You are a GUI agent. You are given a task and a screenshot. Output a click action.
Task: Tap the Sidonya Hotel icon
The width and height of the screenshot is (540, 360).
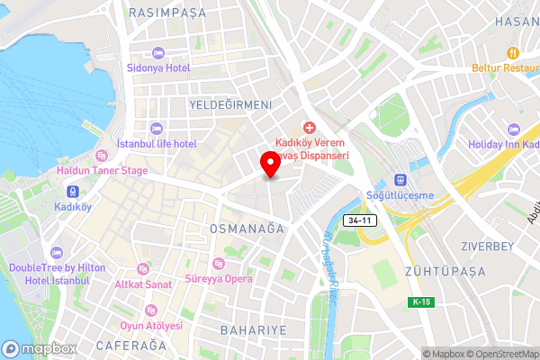(157, 53)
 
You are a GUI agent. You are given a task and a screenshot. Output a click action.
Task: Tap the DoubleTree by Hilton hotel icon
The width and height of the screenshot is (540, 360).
(57, 253)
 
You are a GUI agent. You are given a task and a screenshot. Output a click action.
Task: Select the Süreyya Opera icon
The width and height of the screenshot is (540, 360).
(217, 263)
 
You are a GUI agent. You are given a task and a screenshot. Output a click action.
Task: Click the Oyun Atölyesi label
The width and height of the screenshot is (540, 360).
(151, 326)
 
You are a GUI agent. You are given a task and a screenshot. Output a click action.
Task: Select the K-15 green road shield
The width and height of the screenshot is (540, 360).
(420, 301)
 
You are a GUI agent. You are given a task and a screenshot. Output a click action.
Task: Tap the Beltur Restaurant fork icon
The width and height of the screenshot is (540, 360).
(514, 52)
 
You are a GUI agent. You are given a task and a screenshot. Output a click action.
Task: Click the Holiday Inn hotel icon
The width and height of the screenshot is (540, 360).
(514, 130)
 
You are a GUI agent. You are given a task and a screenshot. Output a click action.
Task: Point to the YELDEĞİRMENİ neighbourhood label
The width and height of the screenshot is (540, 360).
(230, 105)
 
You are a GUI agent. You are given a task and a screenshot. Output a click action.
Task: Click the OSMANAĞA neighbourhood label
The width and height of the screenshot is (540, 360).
(247, 229)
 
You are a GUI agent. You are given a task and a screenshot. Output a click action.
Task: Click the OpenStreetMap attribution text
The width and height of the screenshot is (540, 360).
(507, 353)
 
